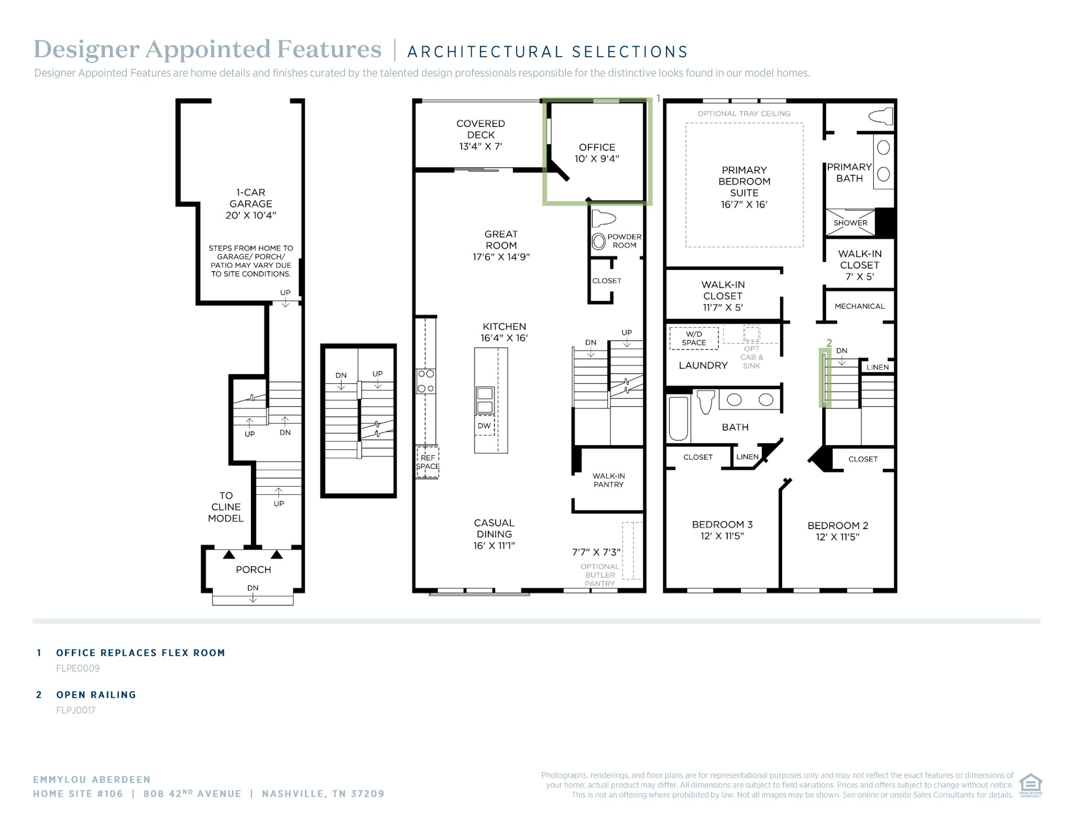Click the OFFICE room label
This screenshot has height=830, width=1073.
pyautogui.click(x=597, y=147)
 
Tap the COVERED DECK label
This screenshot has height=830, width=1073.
pyautogui.click(x=481, y=129)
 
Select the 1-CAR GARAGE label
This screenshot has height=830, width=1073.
pyautogui.click(x=250, y=198)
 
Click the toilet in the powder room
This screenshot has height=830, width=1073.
pyautogui.click(x=603, y=218)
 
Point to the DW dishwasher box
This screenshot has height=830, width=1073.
pyautogui.click(x=485, y=426)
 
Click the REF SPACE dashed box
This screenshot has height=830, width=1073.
pyautogui.click(x=428, y=462)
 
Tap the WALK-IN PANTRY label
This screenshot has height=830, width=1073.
pyautogui.click(x=609, y=480)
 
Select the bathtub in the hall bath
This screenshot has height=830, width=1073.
pyautogui.click(x=678, y=418)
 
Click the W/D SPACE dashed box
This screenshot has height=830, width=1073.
pyautogui.click(x=694, y=338)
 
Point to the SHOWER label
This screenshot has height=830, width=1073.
pyautogui.click(x=850, y=223)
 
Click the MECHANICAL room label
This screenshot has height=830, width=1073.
pyautogui.click(x=859, y=306)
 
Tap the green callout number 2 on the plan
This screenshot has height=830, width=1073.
pyautogui.click(x=829, y=343)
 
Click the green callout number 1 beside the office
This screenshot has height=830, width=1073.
pyautogui.click(x=659, y=99)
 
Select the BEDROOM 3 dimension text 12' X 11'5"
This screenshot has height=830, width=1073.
pyautogui.click(x=722, y=536)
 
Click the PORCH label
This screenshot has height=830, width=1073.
pyautogui.click(x=254, y=569)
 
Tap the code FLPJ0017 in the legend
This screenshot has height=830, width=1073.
pyautogui.click(x=76, y=710)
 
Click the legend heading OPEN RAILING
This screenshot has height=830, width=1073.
pyautogui.click(x=96, y=695)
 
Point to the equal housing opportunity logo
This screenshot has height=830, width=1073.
pyautogui.click(x=1031, y=785)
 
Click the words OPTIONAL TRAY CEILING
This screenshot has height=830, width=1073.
pyautogui.click(x=744, y=113)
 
